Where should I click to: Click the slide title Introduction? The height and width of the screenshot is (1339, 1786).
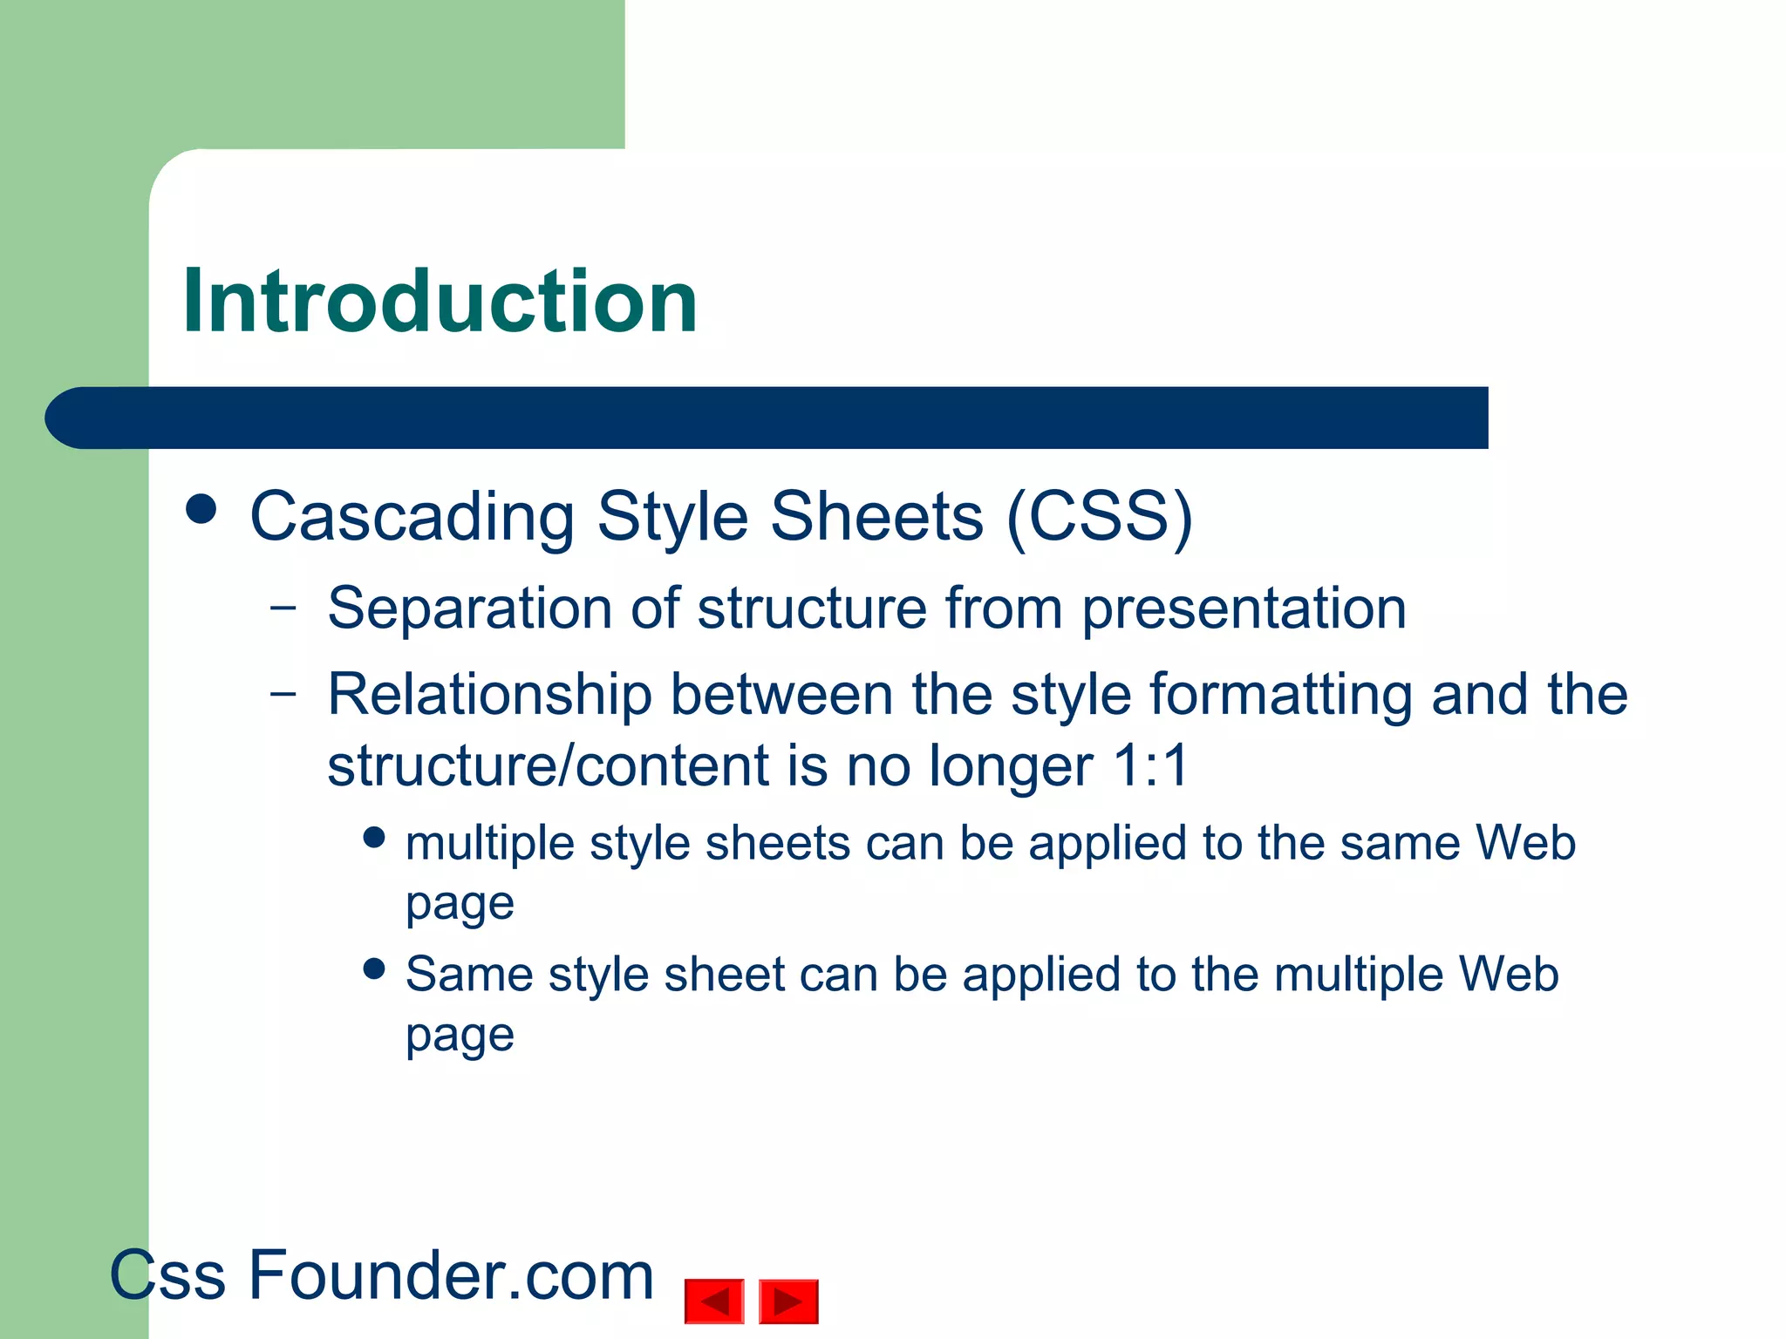point(440,302)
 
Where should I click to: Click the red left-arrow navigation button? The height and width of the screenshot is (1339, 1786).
point(714,1302)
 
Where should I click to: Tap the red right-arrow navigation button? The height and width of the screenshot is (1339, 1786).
point(788,1302)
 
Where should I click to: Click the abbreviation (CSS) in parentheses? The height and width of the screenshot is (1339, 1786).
point(1099,517)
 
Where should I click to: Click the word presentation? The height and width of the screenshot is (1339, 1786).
point(1244,609)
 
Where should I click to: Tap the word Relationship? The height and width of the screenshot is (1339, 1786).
point(489,695)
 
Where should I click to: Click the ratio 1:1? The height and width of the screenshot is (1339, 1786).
point(1151,766)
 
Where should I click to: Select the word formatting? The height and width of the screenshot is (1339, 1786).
point(1281,697)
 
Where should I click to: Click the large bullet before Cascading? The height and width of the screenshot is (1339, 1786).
point(201,509)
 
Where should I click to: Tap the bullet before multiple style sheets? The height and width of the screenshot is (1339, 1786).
point(374,838)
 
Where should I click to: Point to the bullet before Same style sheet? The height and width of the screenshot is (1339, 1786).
point(374,969)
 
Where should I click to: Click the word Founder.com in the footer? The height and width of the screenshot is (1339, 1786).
point(451,1275)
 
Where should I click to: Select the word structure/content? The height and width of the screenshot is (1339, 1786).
point(548,766)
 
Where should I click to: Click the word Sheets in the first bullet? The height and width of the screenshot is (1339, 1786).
point(876,517)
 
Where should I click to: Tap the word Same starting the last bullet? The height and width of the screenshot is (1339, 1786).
point(468,975)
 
